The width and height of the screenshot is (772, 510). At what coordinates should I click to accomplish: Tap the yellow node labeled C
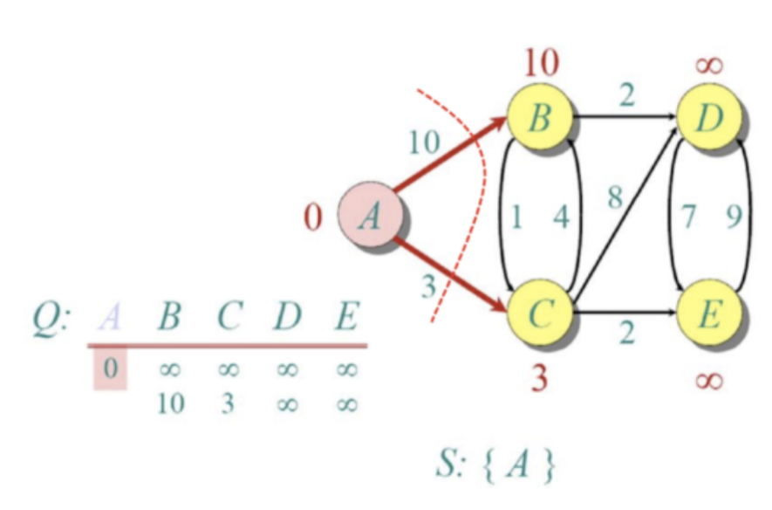[x=541, y=313]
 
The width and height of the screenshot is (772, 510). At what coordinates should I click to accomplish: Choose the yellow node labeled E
[x=709, y=313]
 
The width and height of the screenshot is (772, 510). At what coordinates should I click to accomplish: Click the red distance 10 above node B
[x=542, y=63]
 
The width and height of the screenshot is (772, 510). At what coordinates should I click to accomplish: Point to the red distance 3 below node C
[x=541, y=377]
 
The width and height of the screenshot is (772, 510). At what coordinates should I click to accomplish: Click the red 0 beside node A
[x=313, y=217]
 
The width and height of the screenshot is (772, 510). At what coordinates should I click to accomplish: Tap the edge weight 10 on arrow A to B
[x=424, y=142]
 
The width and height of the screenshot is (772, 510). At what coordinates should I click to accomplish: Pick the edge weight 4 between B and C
[x=561, y=217]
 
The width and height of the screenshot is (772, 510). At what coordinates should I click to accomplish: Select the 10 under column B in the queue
[x=171, y=404]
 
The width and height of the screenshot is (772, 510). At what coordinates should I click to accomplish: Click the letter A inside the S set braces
[x=516, y=463]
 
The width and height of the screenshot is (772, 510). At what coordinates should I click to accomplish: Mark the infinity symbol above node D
[x=708, y=65]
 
